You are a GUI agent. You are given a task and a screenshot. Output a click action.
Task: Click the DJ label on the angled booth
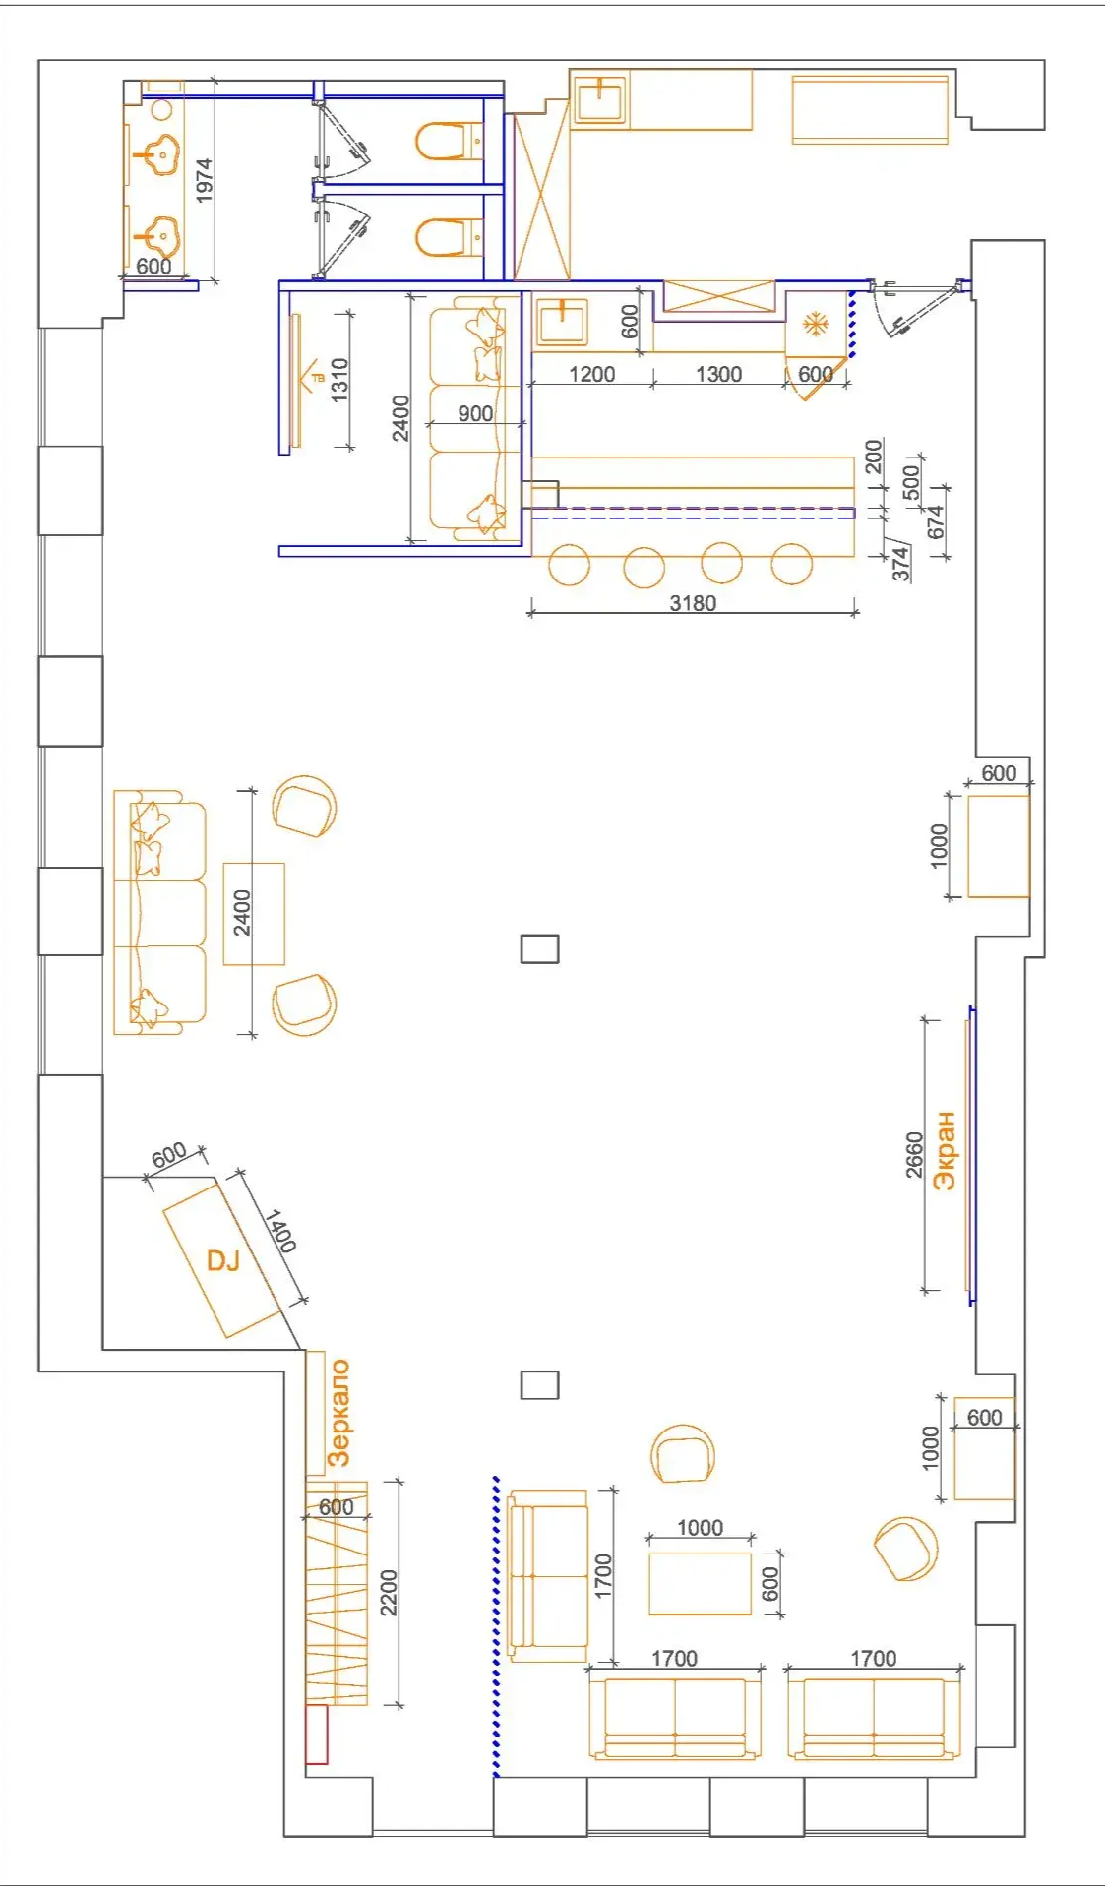tap(223, 1260)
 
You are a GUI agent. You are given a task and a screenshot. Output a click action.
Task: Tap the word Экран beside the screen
tap(945, 1150)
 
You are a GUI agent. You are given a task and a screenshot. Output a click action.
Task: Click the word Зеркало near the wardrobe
tap(338, 1413)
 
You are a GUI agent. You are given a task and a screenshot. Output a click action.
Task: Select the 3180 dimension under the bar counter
tap(693, 603)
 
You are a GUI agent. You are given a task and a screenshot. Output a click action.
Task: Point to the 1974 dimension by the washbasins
tap(204, 181)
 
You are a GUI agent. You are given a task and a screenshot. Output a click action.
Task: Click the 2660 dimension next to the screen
tap(914, 1155)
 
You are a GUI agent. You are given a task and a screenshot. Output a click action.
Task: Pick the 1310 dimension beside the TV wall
tap(339, 379)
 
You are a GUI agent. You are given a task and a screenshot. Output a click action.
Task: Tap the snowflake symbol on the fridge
tap(815, 324)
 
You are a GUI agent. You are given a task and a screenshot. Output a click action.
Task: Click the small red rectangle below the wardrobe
tap(317, 1734)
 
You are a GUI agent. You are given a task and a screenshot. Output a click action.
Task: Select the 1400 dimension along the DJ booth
tap(280, 1231)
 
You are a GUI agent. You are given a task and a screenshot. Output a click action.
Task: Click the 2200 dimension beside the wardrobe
tap(389, 1593)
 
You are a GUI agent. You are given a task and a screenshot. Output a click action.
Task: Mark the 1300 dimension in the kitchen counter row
tap(718, 374)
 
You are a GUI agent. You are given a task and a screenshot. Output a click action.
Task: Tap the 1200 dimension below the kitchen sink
tap(592, 374)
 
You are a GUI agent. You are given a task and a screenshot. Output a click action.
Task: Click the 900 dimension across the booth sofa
tap(475, 413)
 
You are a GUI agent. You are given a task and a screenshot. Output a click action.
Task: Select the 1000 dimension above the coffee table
tap(700, 1527)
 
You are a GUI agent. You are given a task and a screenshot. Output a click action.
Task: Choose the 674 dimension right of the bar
tap(935, 521)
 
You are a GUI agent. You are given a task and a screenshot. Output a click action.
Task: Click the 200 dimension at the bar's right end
tap(874, 457)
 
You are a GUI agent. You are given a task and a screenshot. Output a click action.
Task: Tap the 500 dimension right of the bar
tap(910, 481)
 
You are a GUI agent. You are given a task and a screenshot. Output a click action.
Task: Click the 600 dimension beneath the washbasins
tap(153, 266)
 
